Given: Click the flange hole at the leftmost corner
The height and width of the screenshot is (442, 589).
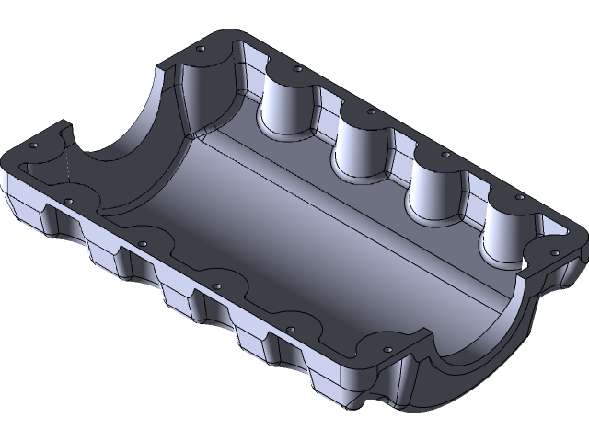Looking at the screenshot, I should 33,146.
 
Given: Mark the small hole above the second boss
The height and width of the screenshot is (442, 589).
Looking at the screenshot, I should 371,111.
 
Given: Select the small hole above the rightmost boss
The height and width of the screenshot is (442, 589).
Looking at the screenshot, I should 520,197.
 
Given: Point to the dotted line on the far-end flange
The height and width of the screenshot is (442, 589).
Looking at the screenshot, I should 69,170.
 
